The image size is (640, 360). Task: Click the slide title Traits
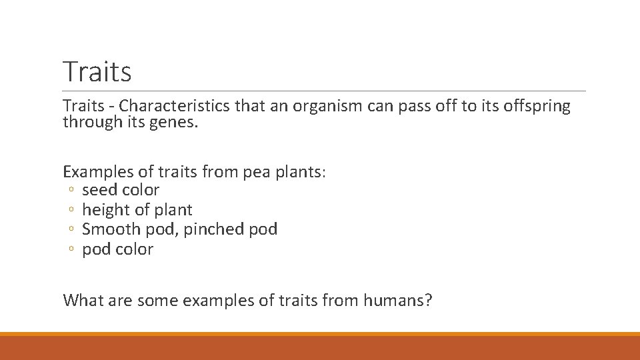tap(97, 71)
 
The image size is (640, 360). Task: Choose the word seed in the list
tap(98, 190)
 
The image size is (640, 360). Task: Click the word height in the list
tap(105, 210)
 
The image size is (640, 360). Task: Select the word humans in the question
tap(397, 300)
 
